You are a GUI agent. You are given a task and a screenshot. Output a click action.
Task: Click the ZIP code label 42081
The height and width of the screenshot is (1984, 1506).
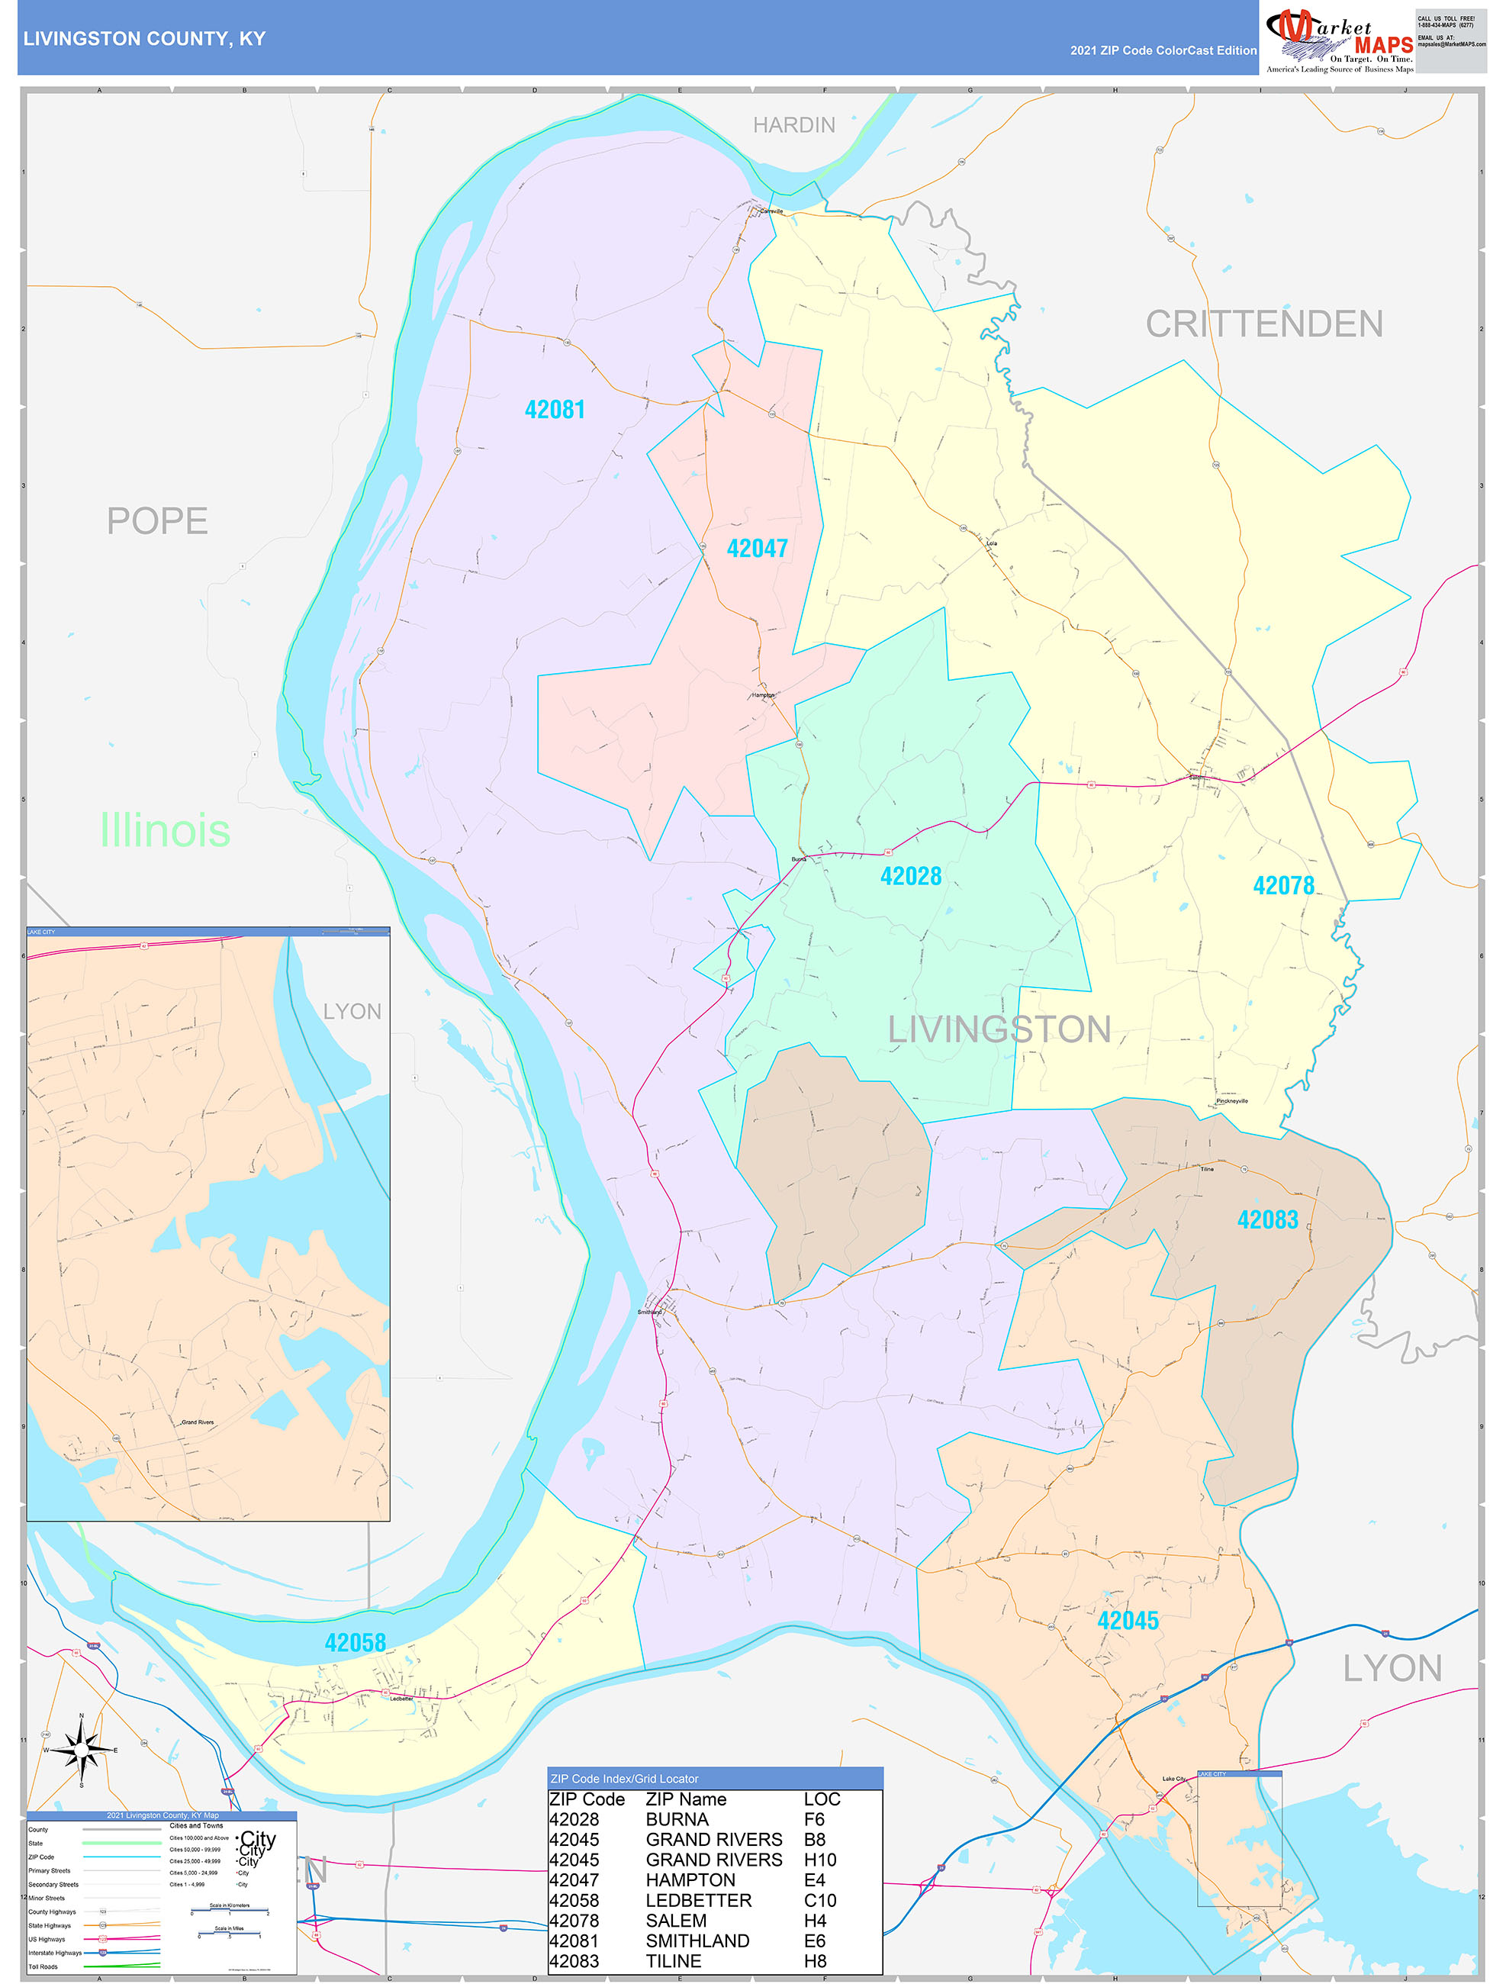[555, 410]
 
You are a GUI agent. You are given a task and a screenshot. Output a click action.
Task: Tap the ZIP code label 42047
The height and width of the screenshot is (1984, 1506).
[756, 548]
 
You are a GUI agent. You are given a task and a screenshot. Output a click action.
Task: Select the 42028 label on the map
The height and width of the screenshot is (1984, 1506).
[910, 876]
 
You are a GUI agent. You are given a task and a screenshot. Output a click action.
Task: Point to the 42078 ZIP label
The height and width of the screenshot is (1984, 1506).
[1282, 886]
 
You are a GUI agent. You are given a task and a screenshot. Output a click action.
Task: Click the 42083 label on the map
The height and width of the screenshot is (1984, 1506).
[1266, 1220]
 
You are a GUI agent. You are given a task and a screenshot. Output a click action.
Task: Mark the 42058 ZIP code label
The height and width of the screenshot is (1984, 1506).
[356, 1643]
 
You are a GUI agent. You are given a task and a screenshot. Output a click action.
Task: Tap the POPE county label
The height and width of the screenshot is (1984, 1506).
[157, 521]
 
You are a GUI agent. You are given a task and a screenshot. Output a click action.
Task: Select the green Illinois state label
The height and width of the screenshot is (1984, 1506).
[165, 829]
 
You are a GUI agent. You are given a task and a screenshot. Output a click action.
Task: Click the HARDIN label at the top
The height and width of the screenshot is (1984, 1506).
[793, 124]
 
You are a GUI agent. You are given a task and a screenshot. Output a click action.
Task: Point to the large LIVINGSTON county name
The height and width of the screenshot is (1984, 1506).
[999, 1029]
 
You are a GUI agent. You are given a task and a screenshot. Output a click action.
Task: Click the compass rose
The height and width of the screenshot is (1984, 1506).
[82, 1750]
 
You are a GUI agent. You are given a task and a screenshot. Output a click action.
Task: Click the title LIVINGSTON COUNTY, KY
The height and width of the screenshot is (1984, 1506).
[144, 39]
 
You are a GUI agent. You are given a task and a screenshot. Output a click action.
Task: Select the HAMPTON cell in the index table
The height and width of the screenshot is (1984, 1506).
[690, 1880]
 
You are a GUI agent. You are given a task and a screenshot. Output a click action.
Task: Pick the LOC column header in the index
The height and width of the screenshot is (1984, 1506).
[822, 1799]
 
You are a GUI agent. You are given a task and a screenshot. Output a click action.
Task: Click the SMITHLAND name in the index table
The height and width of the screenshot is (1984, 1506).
[697, 1941]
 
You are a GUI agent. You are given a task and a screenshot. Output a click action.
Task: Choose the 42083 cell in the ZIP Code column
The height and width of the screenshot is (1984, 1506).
[573, 1962]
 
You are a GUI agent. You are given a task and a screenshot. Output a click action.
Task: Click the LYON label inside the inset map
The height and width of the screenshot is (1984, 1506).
[352, 1012]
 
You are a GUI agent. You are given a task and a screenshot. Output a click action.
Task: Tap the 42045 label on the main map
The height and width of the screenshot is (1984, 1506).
[1128, 1621]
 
